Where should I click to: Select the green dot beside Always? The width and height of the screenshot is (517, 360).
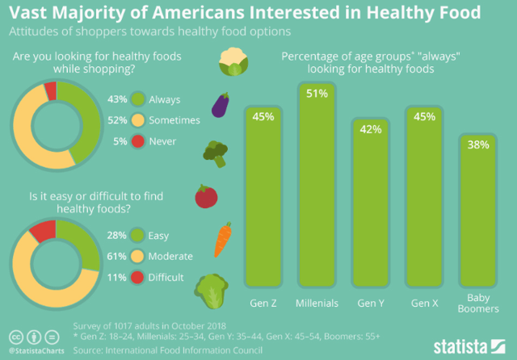pos(138,100)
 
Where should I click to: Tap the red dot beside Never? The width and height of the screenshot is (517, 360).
pos(138,140)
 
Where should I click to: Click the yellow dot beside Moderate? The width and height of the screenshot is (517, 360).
pos(138,257)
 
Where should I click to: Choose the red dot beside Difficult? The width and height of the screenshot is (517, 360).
pos(138,278)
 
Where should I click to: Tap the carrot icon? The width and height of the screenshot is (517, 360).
pos(224,240)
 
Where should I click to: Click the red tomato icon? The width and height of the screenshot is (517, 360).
pos(207,196)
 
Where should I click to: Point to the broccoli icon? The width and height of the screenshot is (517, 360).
pos(214,152)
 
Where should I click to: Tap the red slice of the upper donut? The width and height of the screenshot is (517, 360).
pos(51,90)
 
